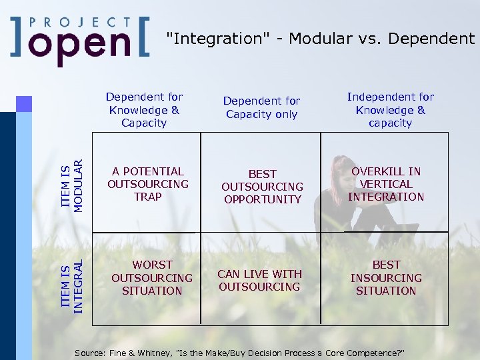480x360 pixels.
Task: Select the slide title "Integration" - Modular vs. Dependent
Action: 319,39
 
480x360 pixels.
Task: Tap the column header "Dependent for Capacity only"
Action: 261,107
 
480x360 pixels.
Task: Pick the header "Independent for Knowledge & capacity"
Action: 390,110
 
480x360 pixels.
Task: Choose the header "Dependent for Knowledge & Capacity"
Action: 144,110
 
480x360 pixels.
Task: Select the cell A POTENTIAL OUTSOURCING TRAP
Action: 148,184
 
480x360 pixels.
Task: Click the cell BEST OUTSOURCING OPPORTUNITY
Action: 262,187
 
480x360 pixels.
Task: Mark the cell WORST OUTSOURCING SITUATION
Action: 152,278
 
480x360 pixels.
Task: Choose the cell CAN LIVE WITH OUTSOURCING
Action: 260,281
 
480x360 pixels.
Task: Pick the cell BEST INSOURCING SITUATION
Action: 386,278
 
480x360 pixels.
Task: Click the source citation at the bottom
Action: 240,351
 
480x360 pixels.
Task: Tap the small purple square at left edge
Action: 24,103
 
